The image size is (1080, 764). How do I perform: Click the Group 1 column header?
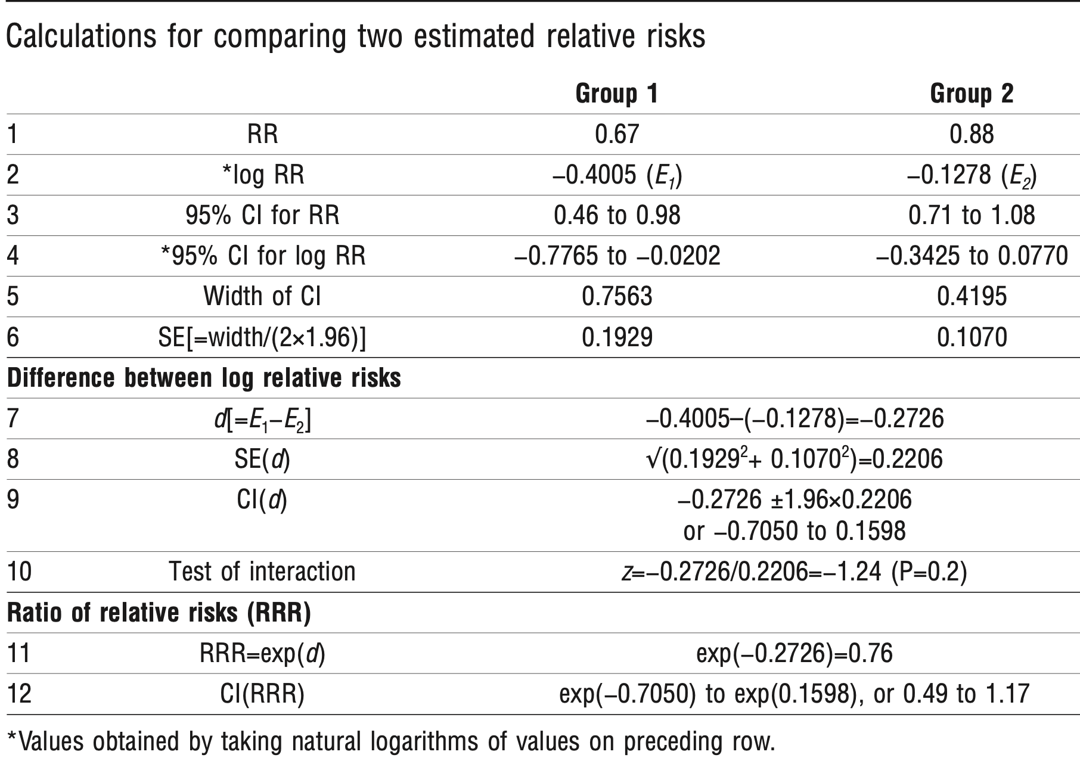(616, 94)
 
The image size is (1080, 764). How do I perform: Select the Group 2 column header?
(972, 94)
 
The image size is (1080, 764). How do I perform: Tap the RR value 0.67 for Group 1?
(617, 134)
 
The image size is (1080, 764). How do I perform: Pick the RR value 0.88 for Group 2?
(972, 134)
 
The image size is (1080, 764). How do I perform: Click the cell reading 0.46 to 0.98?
(617, 215)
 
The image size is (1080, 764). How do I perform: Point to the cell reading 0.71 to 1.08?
(972, 215)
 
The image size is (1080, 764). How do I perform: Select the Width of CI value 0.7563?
(617, 296)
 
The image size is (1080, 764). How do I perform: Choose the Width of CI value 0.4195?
(972, 296)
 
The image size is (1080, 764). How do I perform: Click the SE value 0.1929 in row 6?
(617, 337)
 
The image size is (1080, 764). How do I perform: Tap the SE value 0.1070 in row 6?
(972, 337)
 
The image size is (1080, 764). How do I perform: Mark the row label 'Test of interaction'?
(262, 572)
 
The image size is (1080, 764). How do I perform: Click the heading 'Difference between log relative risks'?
(204, 378)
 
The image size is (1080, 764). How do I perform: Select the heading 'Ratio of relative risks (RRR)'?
(159, 613)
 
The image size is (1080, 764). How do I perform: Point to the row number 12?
(19, 694)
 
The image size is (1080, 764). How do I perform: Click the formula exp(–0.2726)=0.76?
(794, 654)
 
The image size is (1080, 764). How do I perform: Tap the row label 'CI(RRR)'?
(262, 694)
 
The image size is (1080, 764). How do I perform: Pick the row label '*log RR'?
(262, 175)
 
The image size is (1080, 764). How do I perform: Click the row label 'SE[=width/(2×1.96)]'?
(262, 337)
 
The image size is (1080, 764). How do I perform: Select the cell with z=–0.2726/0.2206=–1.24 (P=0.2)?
(794, 572)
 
